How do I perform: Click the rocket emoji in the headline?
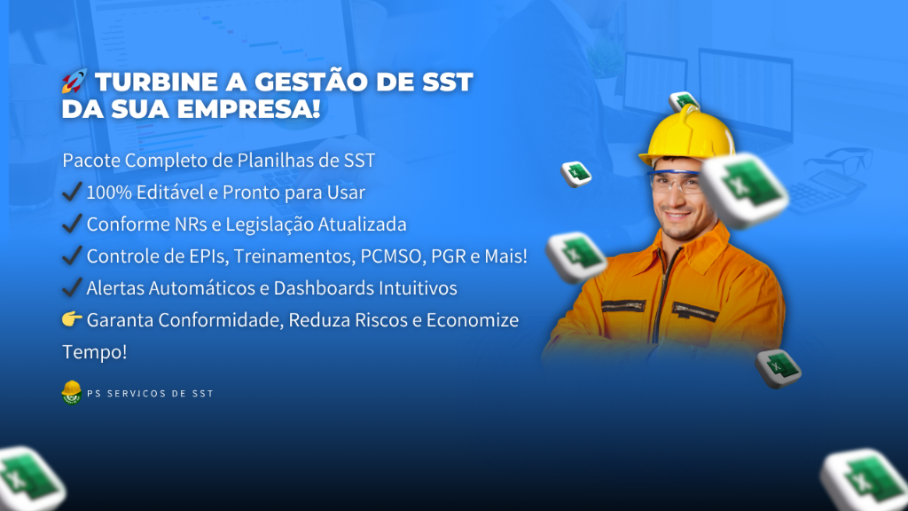(x=74, y=81)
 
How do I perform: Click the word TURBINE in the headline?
(x=156, y=82)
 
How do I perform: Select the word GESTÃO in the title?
(x=311, y=81)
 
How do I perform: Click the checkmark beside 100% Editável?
(x=72, y=191)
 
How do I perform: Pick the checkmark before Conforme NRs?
(x=72, y=223)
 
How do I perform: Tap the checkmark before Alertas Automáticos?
(x=72, y=287)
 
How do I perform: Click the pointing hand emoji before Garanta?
(x=72, y=318)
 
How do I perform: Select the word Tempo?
(x=94, y=351)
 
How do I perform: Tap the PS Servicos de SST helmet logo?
(x=71, y=392)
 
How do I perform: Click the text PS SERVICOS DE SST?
(x=151, y=393)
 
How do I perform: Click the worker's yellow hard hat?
(x=687, y=136)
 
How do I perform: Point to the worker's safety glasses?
(x=675, y=182)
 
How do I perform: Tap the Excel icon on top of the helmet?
(x=684, y=102)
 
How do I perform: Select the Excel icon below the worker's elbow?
(x=779, y=368)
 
